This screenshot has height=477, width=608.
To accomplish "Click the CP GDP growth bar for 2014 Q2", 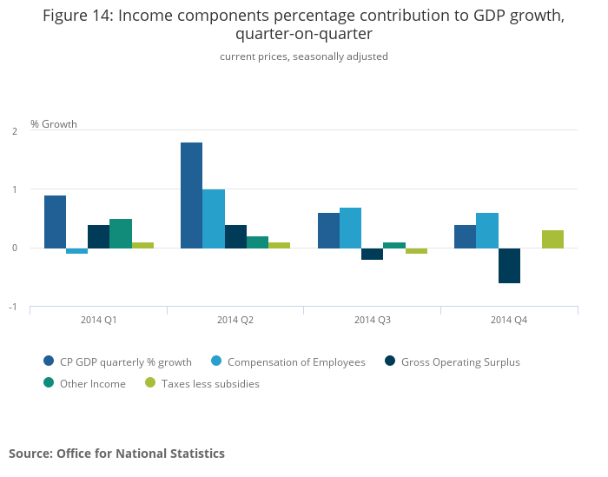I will [191, 195].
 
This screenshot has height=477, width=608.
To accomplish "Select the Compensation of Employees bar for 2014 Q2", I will [214, 219].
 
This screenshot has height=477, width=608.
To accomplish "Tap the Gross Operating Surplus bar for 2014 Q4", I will [509, 266].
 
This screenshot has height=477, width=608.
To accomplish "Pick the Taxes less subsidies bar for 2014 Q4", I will [552, 240].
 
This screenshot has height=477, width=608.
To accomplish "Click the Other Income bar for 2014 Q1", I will [121, 234].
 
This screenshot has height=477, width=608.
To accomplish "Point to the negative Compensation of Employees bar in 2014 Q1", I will [77, 251].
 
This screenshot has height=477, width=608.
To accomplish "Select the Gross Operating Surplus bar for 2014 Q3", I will [372, 254].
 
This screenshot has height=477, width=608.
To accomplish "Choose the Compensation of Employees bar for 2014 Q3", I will [350, 228].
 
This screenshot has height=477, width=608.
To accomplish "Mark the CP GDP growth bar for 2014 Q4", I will [465, 236].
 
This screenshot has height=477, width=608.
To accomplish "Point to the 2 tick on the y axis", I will [15, 130].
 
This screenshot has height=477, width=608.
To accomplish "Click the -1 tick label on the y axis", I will [13, 307].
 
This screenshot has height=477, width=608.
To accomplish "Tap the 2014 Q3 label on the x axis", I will [372, 320].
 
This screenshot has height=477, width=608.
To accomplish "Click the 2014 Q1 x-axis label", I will [99, 320].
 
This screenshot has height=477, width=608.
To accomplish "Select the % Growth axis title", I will [54, 123].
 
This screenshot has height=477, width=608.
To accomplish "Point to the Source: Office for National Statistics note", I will [116, 454].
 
